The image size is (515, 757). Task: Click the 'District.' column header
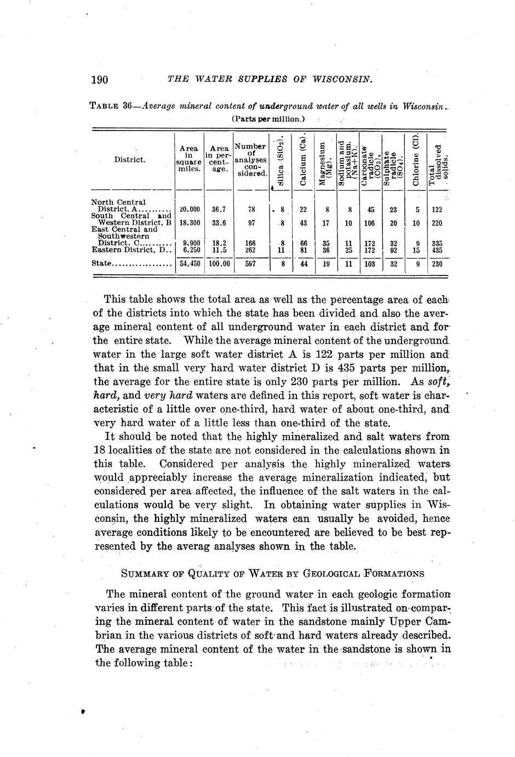(130, 160)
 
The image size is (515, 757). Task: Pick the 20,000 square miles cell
(188, 210)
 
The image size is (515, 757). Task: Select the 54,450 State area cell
(188, 263)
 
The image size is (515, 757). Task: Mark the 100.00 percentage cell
(219, 263)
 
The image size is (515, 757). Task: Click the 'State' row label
(102, 263)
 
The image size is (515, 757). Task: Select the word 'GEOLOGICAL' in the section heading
(335, 574)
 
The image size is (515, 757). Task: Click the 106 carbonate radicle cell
(370, 223)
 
